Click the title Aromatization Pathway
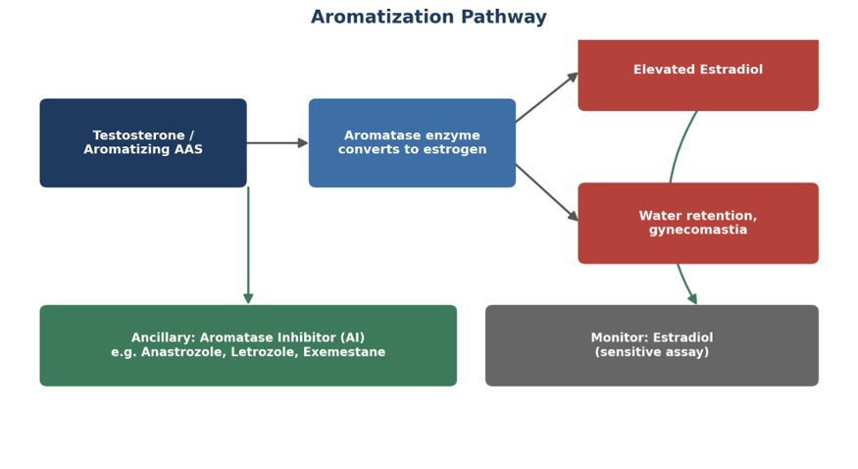coord(429,17)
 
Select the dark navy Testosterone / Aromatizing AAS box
coord(143,143)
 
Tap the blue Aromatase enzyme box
coord(412,143)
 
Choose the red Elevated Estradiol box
coord(698,75)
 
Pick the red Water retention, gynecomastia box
coord(698,224)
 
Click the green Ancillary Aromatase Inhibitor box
coord(248,345)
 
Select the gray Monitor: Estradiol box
coord(652,345)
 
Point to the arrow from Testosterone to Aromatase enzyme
coord(278,143)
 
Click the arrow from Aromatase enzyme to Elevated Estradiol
coord(546,97)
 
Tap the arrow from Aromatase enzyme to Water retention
coord(546,192)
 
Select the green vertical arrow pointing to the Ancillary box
coord(248,245)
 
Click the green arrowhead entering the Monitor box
coord(692,299)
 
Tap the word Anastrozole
coord(182,352)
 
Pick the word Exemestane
coord(344,352)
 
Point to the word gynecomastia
coord(698,230)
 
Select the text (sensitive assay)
coord(652,352)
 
